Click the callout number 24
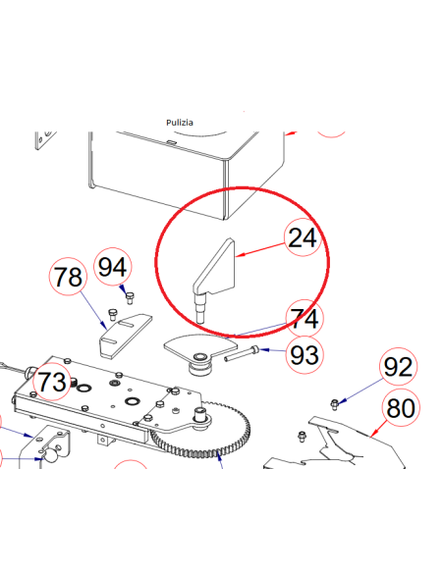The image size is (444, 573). (x=303, y=237)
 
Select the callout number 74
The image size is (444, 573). (x=305, y=318)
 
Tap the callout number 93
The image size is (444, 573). (x=305, y=354)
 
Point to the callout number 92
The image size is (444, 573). (x=398, y=367)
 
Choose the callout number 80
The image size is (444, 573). (x=401, y=408)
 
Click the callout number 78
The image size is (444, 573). (x=68, y=277)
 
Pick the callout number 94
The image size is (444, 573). (x=113, y=267)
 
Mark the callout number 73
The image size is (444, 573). (x=51, y=382)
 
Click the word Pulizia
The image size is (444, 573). (x=180, y=123)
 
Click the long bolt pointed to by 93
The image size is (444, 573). (x=242, y=354)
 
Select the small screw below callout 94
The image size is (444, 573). (x=130, y=298)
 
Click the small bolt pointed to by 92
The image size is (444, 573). (x=334, y=404)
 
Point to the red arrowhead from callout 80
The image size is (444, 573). (x=372, y=434)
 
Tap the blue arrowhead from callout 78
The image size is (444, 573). (x=104, y=325)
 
